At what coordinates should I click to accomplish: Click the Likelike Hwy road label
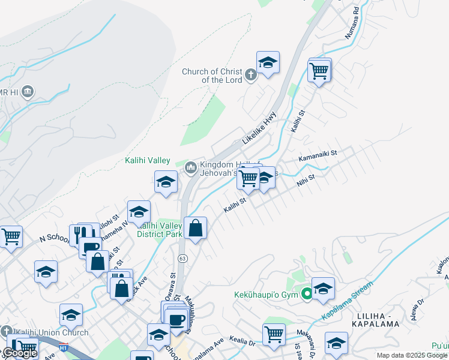click(259, 127)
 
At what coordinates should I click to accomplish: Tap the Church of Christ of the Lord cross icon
click(251, 75)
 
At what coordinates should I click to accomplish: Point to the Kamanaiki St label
click(318, 154)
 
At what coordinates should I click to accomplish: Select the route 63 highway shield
click(182, 258)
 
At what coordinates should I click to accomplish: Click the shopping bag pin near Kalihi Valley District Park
click(196, 228)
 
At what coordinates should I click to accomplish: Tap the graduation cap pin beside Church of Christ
click(268, 62)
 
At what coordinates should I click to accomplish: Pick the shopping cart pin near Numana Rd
click(319, 71)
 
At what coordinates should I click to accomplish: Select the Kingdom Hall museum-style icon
click(191, 167)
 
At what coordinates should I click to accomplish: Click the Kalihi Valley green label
click(148, 160)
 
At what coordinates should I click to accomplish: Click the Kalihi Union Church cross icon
click(6, 332)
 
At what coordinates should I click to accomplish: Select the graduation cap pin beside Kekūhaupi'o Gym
click(323, 290)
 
